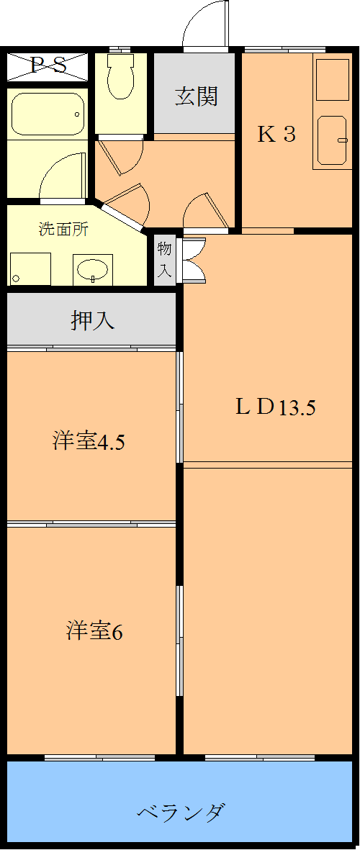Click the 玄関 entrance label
(196, 96)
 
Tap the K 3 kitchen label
(276, 135)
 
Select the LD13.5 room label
(275, 407)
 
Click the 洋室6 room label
(94, 631)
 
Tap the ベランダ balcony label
(181, 813)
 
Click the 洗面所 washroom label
(63, 230)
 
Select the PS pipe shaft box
(48, 66)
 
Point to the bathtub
(48, 113)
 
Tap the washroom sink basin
(92, 271)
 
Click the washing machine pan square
(30, 269)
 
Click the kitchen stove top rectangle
(333, 80)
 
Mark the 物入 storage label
(165, 260)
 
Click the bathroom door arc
(63, 180)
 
